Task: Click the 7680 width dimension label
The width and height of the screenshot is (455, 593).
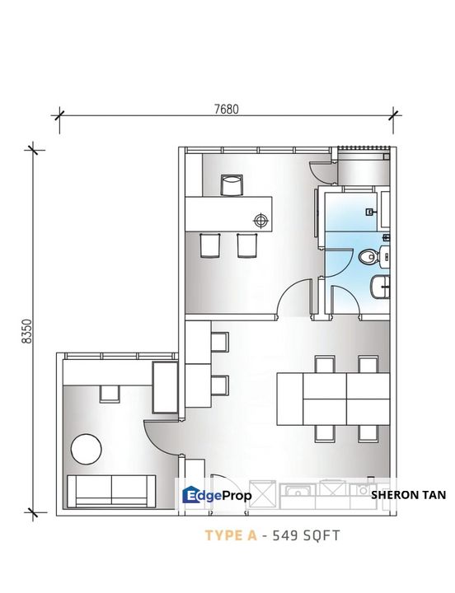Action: coord(227,110)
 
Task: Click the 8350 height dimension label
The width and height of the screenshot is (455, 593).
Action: coord(28,331)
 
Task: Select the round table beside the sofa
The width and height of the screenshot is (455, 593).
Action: coord(87,449)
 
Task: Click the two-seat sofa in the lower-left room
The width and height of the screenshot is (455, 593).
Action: coord(111,491)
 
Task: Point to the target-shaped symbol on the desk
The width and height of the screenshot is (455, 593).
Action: coord(260,220)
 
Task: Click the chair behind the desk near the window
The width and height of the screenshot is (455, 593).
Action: coord(232,185)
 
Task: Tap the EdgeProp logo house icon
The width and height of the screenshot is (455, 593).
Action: coord(189,495)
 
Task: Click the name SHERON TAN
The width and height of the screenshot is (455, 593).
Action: coord(408,495)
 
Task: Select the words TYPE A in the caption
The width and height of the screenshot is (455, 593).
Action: coord(231,535)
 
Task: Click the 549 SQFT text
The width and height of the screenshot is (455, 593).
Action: coord(307,535)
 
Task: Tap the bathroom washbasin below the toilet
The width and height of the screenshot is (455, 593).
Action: coord(380,287)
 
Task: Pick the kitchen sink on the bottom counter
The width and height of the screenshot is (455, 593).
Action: coord(298,492)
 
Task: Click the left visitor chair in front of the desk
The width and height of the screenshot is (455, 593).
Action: coord(210,245)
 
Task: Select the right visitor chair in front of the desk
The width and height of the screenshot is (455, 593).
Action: coord(247,245)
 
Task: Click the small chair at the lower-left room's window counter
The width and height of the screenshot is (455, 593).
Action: coord(110,394)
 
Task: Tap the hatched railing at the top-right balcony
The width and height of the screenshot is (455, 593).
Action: coord(364,148)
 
